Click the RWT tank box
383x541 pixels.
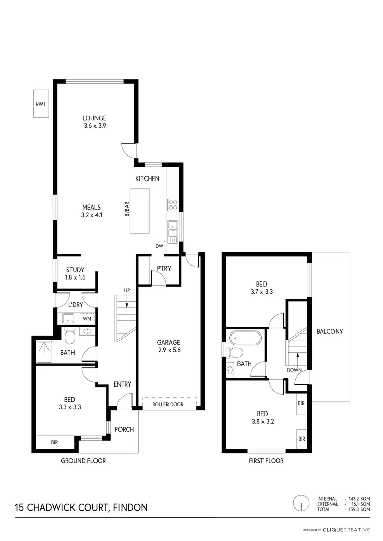41,104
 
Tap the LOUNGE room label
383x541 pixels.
94,118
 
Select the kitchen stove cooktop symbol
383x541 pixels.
173,204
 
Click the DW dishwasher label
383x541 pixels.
160,246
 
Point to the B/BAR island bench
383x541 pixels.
139,211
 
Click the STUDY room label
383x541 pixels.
75,270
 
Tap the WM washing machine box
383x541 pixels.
87,319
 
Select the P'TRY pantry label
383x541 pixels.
163,269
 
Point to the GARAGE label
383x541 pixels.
169,342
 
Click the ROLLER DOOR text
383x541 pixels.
169,404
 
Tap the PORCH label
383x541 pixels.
124,429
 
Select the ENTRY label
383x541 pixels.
123,384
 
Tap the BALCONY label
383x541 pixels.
329,331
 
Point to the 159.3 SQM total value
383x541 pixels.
358,509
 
